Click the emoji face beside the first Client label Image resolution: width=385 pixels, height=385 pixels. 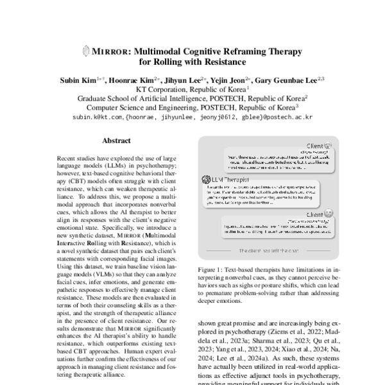pos(328,146)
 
